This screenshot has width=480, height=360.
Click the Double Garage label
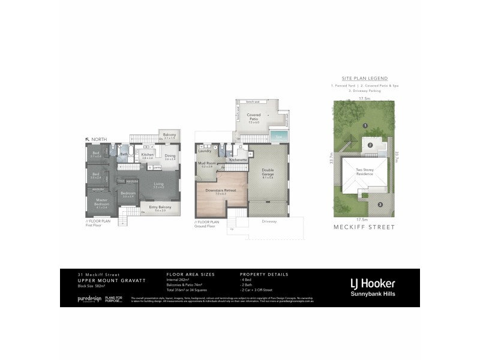click(268, 173)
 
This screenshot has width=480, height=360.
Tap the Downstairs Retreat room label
click(220, 191)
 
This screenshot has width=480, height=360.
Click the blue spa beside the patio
click(279, 137)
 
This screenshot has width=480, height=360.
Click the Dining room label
click(170, 157)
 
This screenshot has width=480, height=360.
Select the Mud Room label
click(206, 164)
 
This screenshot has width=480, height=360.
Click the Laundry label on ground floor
click(205, 151)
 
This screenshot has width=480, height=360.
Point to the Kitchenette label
click(238, 160)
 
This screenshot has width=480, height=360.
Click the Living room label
click(158, 185)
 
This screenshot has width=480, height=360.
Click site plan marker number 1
click(365, 125)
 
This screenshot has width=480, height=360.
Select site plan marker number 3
click(380, 205)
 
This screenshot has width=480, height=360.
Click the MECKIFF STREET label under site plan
click(364, 227)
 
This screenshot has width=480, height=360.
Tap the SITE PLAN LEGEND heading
click(364, 79)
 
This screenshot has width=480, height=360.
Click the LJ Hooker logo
click(373, 283)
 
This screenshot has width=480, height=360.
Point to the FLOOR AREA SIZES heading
click(187, 274)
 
